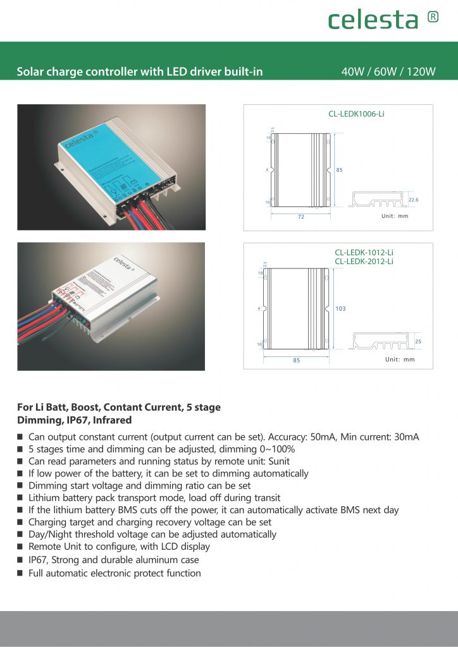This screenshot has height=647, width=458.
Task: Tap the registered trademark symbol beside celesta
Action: (x=433, y=16)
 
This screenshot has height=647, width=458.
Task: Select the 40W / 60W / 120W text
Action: (x=388, y=71)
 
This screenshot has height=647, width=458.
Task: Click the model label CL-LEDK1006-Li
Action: (x=356, y=114)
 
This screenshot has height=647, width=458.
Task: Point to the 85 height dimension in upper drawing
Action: (x=339, y=170)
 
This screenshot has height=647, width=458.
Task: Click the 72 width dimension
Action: (x=301, y=217)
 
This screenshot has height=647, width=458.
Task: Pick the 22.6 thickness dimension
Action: (x=414, y=200)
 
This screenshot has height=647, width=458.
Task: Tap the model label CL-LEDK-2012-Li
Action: (x=364, y=261)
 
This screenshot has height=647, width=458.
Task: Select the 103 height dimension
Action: (x=341, y=308)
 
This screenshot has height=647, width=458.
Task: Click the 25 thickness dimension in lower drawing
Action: (x=418, y=342)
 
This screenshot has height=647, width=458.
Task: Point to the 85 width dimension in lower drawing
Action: (x=296, y=360)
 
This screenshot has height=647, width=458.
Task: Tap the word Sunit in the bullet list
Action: (x=278, y=461)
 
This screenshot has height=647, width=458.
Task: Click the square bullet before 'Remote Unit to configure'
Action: (x=20, y=547)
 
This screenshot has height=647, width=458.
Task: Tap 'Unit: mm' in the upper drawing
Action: (x=395, y=216)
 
